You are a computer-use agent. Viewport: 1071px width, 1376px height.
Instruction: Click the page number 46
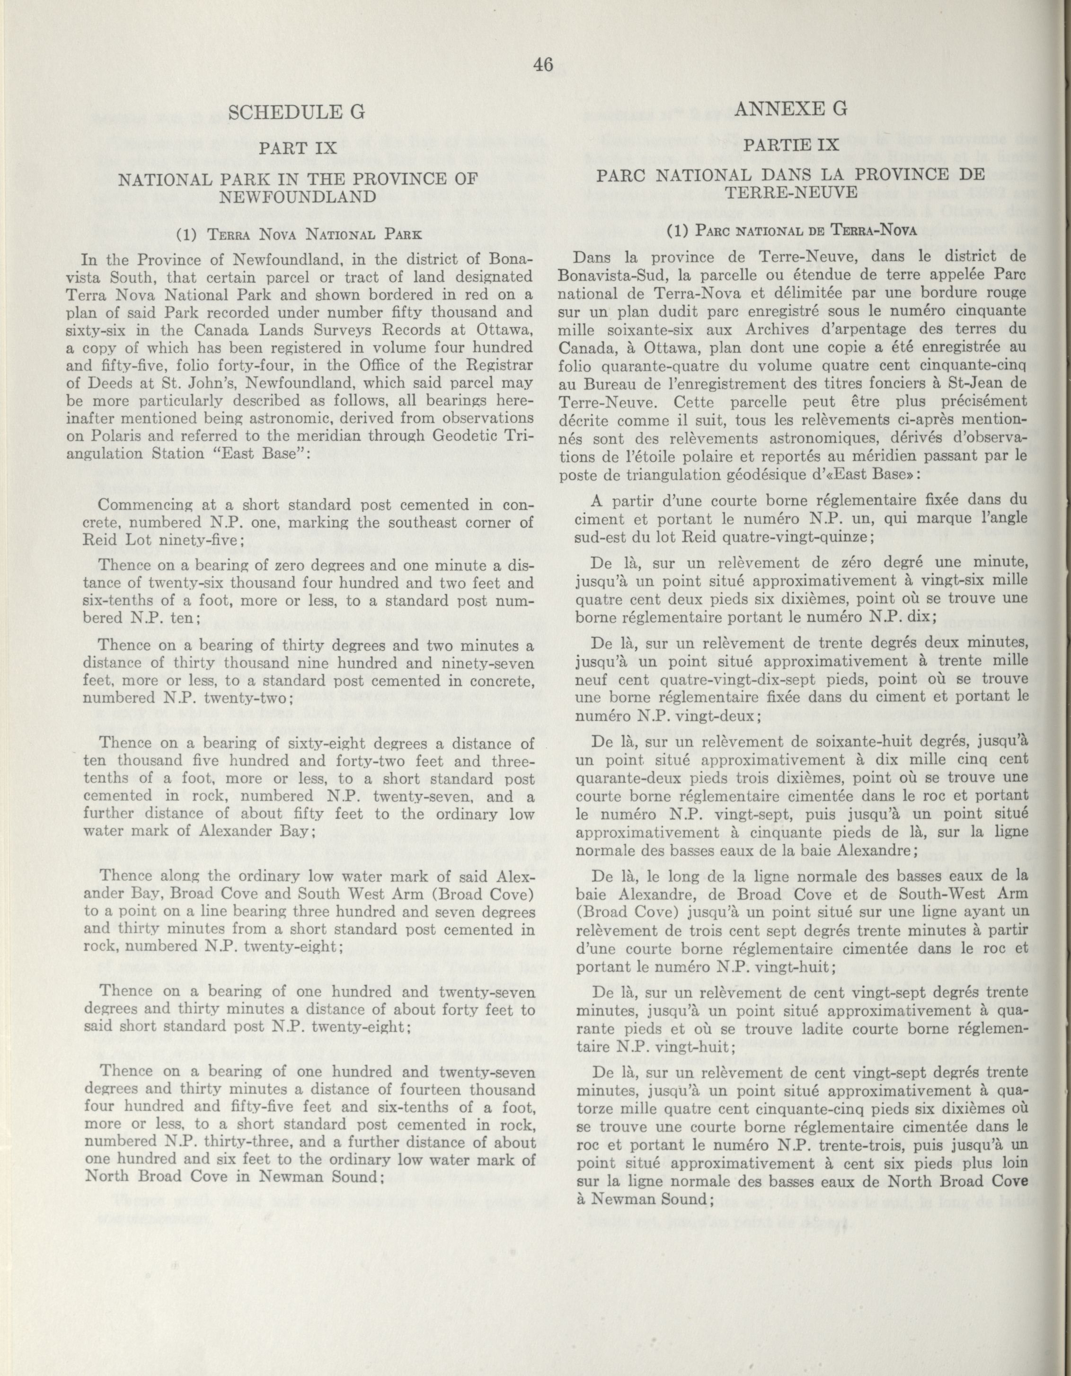pos(542,64)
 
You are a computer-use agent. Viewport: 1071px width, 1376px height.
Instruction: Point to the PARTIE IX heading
pos(791,145)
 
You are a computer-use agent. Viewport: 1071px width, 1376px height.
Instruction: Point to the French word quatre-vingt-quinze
pos(810,536)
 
